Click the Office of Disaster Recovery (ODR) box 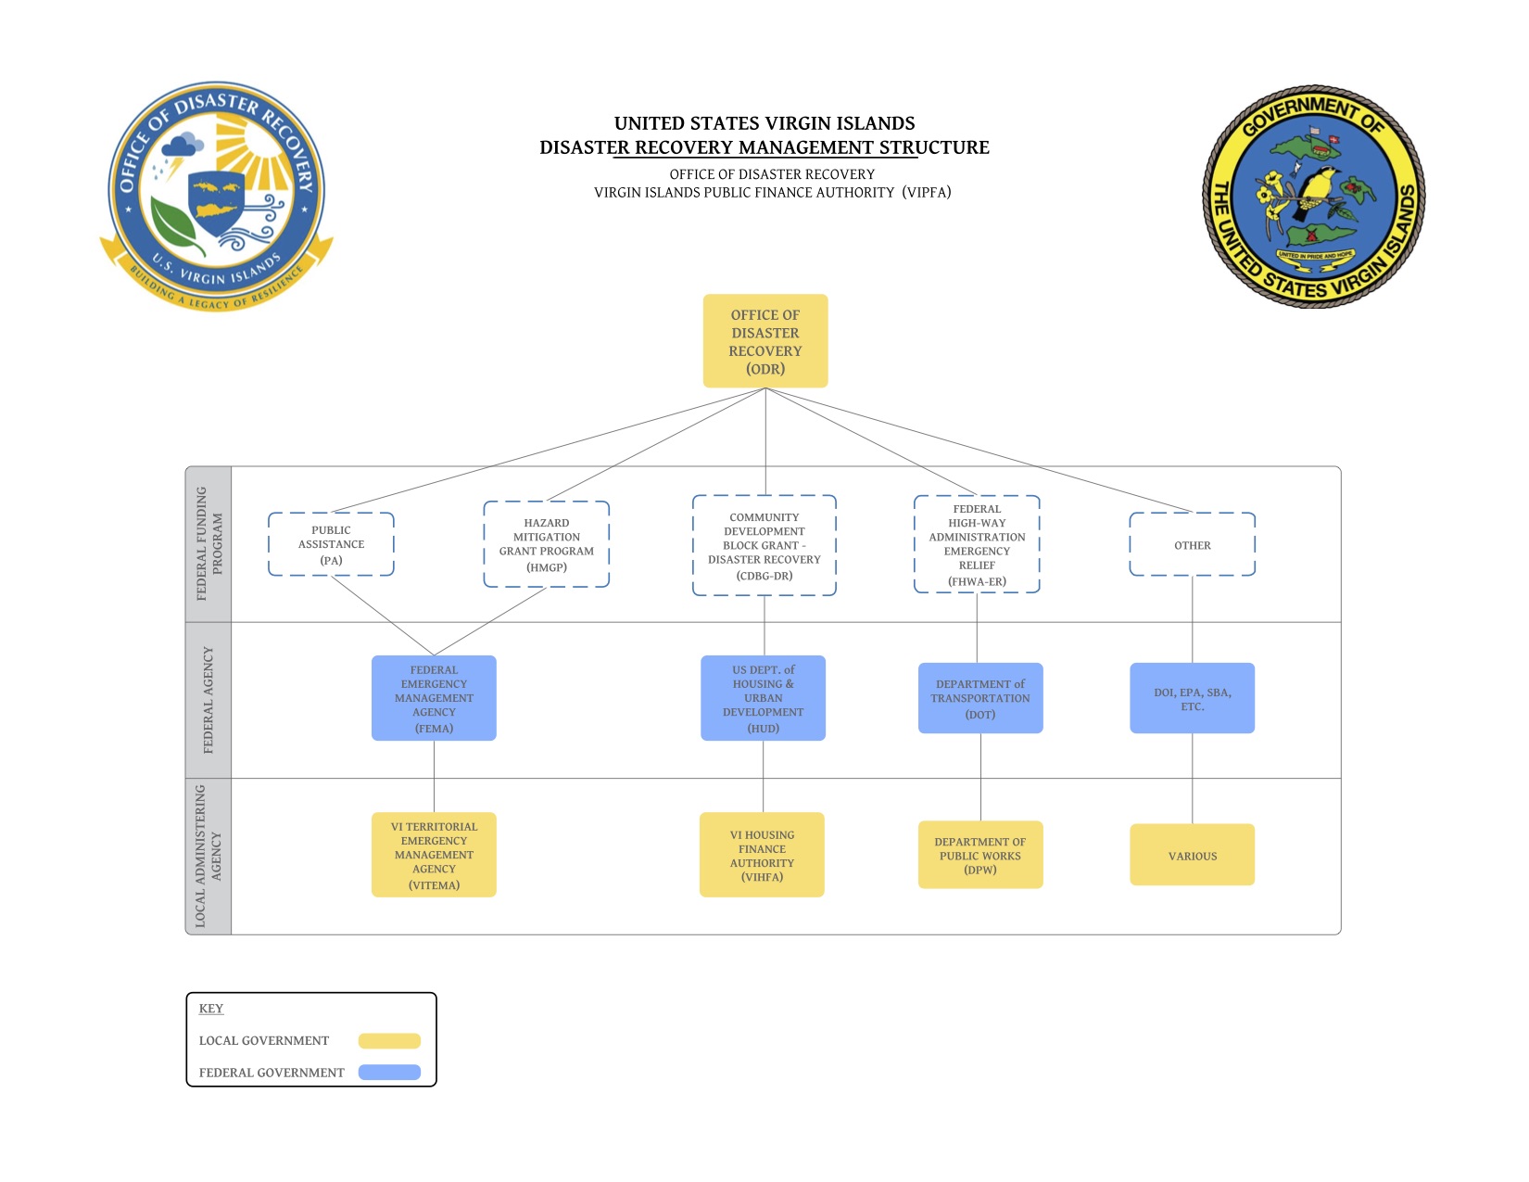764,341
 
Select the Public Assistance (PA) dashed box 331,544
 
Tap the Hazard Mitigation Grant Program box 546,544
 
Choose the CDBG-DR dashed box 764,546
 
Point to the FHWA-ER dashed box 977,544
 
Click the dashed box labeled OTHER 1192,544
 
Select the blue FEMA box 434,698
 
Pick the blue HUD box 763,698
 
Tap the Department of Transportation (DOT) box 980,698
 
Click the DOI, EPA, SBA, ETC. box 1192,698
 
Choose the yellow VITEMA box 434,855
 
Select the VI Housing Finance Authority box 762,855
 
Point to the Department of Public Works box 980,855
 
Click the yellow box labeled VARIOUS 1192,855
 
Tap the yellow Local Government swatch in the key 389,1040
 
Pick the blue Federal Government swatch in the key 389,1073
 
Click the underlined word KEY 211,1009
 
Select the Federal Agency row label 208,700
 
